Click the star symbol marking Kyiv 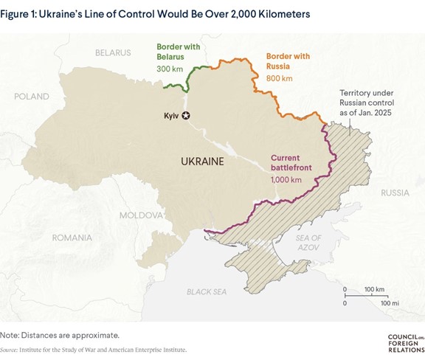coord(185,116)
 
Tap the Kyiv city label coord(170,116)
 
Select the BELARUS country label coord(112,53)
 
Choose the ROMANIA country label coord(72,238)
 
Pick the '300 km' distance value coord(169,68)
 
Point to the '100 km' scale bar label coord(364,289)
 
